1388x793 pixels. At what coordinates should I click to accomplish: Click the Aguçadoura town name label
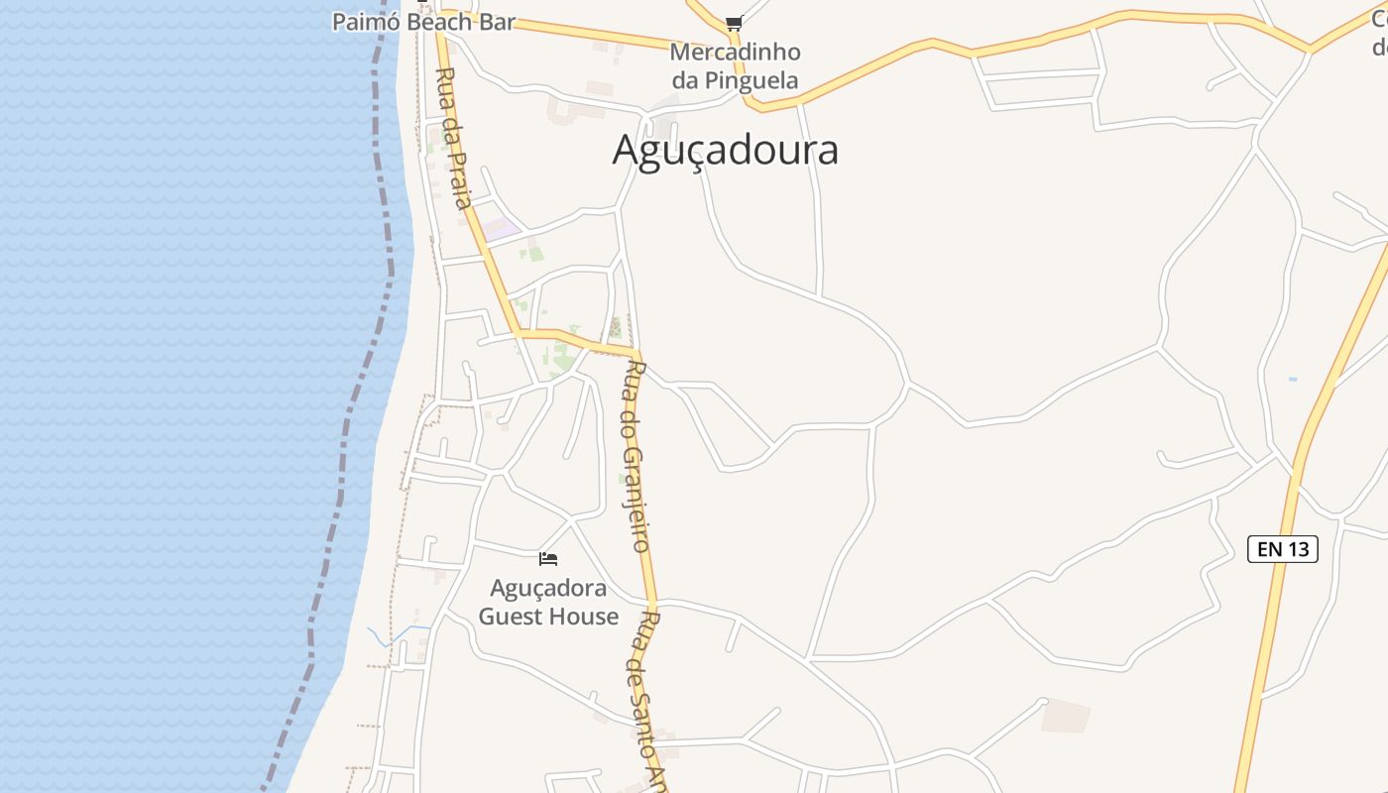725,150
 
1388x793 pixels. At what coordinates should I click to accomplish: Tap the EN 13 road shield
1282,549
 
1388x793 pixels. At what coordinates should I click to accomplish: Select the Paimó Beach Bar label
423,22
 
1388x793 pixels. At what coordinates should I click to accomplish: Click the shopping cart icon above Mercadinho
734,23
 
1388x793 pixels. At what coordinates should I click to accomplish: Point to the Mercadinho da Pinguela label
735,65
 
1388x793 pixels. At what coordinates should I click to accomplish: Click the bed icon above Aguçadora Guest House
548,559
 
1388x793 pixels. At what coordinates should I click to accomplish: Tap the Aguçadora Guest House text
548,602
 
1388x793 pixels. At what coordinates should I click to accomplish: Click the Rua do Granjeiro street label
636,456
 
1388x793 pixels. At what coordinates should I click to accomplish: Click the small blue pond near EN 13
1292,379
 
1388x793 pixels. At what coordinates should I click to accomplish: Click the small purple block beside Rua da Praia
502,229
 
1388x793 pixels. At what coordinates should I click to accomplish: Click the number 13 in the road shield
1298,549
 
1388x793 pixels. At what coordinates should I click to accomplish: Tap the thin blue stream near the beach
382,635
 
